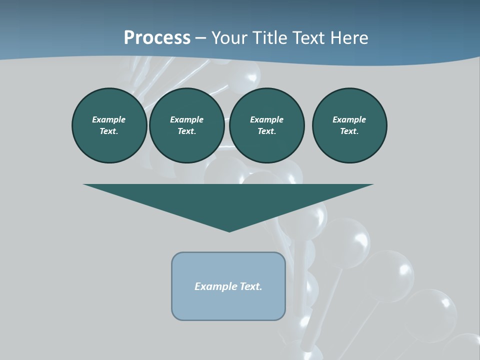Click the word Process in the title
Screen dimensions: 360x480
click(157, 38)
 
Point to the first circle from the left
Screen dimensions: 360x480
click(109, 125)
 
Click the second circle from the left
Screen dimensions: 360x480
click(186, 125)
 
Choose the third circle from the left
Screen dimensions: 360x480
click(266, 125)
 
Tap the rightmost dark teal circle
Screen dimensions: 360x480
click(349, 125)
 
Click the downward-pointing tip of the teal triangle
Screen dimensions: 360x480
click(229, 230)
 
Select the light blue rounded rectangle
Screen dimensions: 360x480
click(228, 286)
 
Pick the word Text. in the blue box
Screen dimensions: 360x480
click(251, 286)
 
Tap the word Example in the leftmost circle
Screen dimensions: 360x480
click(109, 119)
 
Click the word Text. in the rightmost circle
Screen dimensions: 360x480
click(349, 131)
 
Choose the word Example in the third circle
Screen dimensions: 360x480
click(266, 119)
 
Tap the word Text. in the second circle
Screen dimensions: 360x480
click(186, 131)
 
